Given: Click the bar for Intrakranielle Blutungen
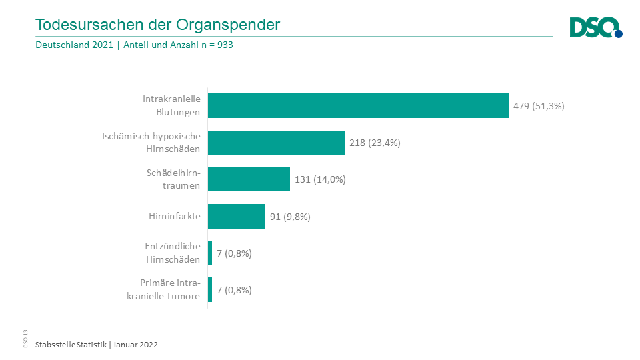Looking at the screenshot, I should tap(358, 105).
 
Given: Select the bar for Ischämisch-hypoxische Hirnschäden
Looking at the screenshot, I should tap(276, 142).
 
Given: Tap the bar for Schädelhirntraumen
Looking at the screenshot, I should tap(249, 179).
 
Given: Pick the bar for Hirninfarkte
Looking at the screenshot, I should tap(236, 216).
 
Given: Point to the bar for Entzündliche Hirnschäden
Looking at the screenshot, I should tap(210, 253).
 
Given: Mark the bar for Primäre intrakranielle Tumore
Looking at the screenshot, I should tap(210, 290).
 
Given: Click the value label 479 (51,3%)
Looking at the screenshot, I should tap(539, 105).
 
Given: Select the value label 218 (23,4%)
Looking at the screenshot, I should tap(375, 143).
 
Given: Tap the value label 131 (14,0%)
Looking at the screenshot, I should tap(320, 179).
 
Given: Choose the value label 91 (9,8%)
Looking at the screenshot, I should tap(290, 217).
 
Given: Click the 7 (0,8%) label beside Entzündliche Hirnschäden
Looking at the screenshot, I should tap(234, 253).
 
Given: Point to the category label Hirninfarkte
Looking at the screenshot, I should tap(175, 217).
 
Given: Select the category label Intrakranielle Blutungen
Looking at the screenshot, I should tap(171, 105).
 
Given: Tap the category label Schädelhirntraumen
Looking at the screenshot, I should tap(173, 179).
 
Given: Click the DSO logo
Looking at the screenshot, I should tap(595, 28).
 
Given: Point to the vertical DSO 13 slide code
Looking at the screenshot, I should tap(25, 339).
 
